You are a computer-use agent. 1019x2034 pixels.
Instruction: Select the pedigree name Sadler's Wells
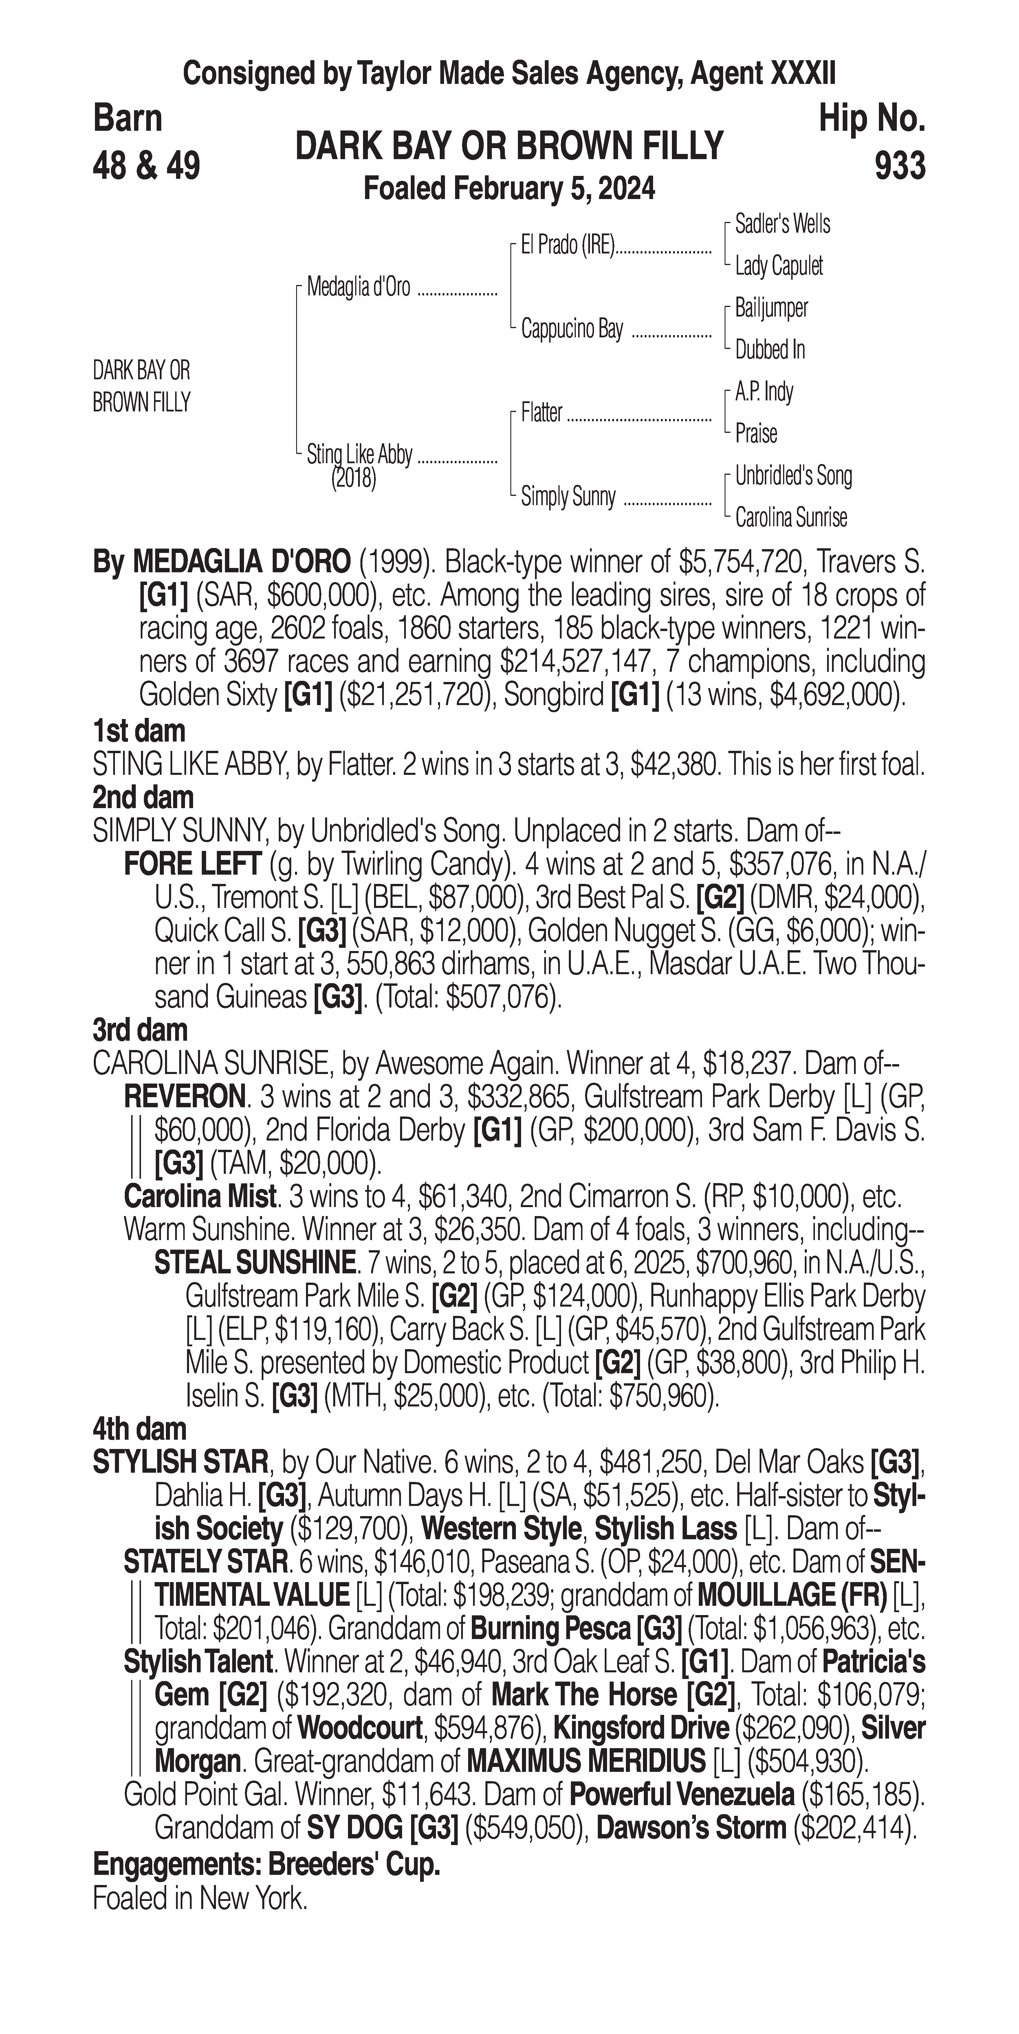point(782,224)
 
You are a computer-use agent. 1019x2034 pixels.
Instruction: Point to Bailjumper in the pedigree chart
point(771,308)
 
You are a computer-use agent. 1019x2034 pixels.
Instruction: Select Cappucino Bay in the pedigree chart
point(572,329)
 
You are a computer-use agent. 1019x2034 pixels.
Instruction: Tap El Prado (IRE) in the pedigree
point(567,246)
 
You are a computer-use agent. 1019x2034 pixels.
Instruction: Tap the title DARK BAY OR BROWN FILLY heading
point(509,146)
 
